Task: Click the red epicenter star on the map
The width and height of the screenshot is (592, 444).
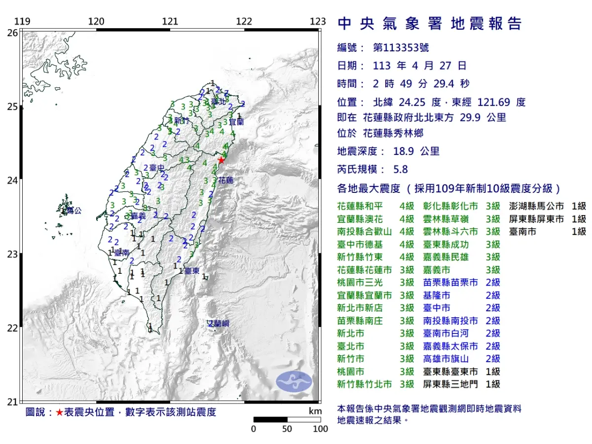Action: click(222, 160)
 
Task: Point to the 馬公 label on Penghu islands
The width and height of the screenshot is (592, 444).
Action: click(74, 211)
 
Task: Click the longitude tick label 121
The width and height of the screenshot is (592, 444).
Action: click(170, 22)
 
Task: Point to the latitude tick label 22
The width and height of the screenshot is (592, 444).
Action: click(12, 328)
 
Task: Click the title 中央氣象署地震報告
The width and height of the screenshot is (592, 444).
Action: click(429, 24)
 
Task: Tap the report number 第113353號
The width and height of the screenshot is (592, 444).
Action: click(401, 48)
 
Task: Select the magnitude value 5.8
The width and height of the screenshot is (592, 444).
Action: click(401, 169)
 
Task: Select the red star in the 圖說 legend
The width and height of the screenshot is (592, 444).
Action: click(59, 412)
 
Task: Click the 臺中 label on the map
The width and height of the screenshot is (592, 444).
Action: click(157, 168)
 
